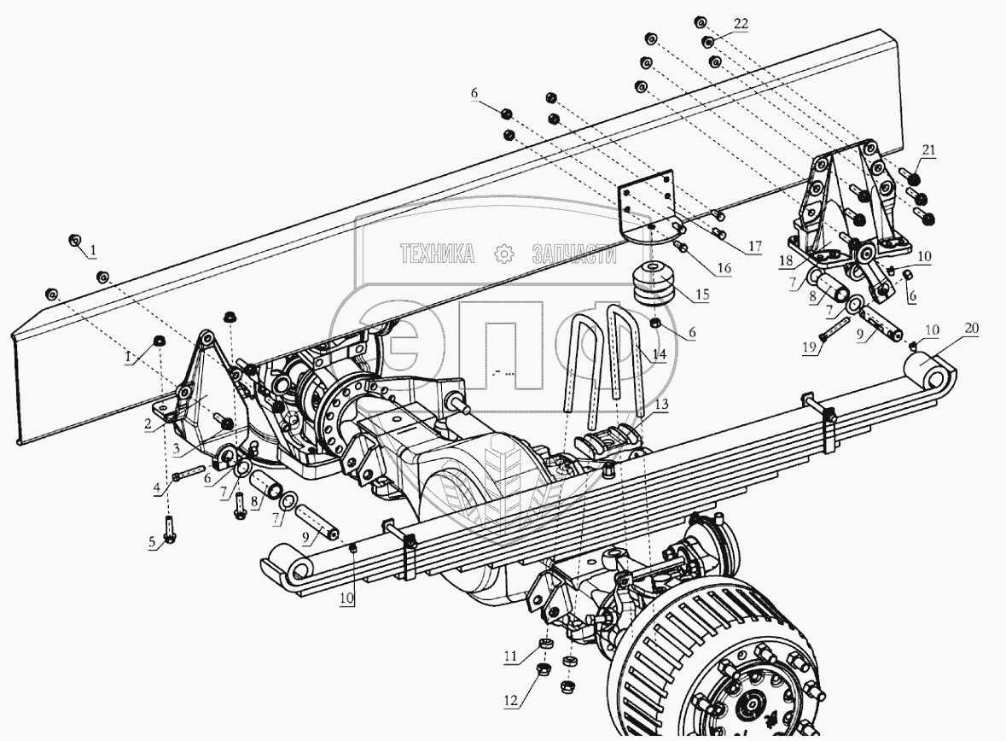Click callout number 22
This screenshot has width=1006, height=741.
[x=740, y=24]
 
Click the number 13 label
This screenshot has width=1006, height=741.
[x=662, y=405]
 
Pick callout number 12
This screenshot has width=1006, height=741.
[x=511, y=702]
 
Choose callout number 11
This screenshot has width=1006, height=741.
[x=509, y=656]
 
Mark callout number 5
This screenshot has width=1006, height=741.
[x=153, y=543]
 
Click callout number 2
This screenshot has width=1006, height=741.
[x=148, y=424]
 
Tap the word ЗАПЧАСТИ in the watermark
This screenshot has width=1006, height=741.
[x=573, y=254]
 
